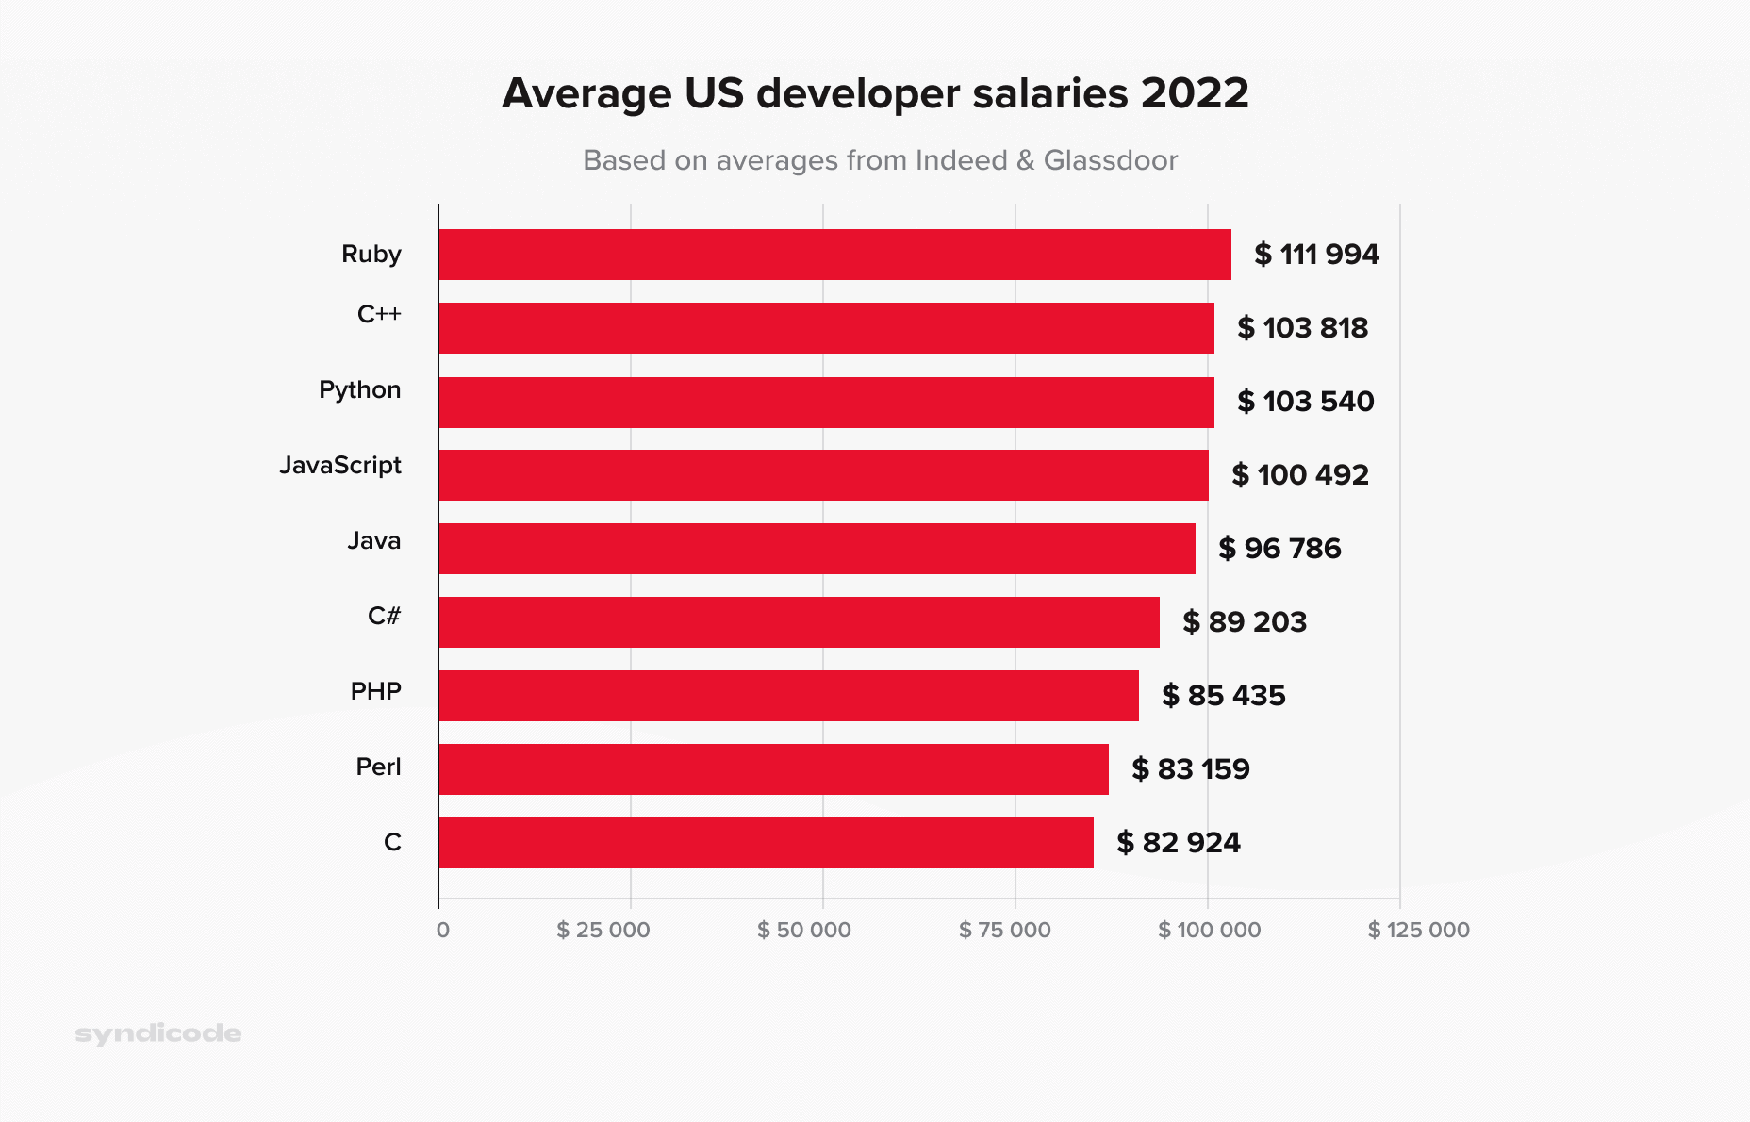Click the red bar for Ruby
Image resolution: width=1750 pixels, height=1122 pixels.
[x=834, y=255]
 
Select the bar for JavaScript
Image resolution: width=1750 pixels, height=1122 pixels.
[x=823, y=475]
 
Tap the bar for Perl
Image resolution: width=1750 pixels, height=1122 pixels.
[x=773, y=769]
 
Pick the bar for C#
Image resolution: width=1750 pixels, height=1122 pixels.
[x=799, y=622]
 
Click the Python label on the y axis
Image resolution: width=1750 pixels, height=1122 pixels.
[x=359, y=390]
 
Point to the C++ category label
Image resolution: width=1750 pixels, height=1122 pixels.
[x=379, y=315]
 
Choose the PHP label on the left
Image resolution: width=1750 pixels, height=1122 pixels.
[x=375, y=692]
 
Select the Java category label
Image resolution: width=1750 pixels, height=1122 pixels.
[x=373, y=541]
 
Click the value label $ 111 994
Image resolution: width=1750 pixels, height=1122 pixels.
[x=1316, y=255]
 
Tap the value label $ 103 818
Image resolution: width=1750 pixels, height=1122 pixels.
[x=1302, y=328]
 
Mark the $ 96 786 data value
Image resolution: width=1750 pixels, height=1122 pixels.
[x=1279, y=549]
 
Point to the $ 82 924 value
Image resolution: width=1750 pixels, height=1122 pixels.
[x=1179, y=843]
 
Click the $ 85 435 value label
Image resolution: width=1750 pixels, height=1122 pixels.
[x=1224, y=696]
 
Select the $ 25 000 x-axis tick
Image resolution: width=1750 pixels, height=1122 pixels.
[x=603, y=931]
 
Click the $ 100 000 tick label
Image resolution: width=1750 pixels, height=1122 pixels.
[x=1209, y=931]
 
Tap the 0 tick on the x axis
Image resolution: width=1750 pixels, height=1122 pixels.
[x=443, y=931]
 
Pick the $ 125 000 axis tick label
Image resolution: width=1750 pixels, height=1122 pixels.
[x=1418, y=931]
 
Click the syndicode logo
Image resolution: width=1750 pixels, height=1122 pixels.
[x=158, y=1034]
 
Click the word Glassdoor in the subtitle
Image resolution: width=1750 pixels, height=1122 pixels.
[x=1110, y=160]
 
